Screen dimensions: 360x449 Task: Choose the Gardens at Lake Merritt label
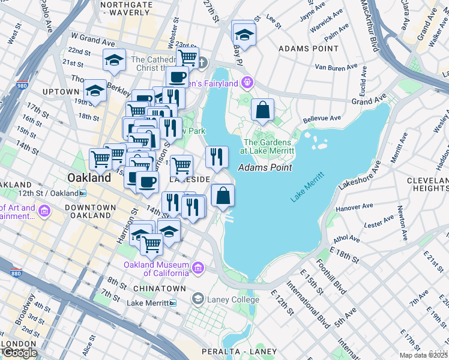(x=267, y=146)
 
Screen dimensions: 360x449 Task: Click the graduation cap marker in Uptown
(x=95, y=90)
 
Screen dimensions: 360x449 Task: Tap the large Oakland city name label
(x=89, y=178)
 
